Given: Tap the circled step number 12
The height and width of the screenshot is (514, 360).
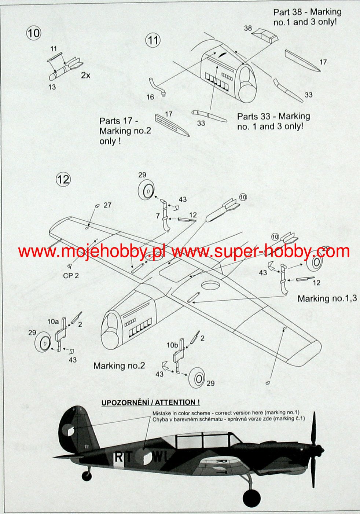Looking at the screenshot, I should coord(63,179).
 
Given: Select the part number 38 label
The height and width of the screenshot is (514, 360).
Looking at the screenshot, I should coord(248,28).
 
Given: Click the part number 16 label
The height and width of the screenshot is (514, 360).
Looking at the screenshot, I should coord(150,97).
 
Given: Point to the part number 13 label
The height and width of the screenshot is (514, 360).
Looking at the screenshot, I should coord(52,87).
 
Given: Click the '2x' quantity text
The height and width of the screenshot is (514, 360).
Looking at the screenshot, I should coord(85,76).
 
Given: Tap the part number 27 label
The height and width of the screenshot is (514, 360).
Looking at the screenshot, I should coord(107,205).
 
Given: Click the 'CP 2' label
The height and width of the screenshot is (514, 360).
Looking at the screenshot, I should coord(71,276).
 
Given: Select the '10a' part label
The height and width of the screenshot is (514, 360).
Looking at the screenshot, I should coord(53,322).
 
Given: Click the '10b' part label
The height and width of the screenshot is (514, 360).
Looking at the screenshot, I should coord(172,345).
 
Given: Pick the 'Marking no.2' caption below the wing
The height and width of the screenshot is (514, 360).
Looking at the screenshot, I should coord(119,366).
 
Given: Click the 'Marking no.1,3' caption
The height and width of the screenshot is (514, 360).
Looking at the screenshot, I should coord(327,298).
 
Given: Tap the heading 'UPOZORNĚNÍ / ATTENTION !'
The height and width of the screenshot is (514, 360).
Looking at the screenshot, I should coord(151,403).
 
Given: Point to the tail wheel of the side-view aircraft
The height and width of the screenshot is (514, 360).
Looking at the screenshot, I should coord(87,476).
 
